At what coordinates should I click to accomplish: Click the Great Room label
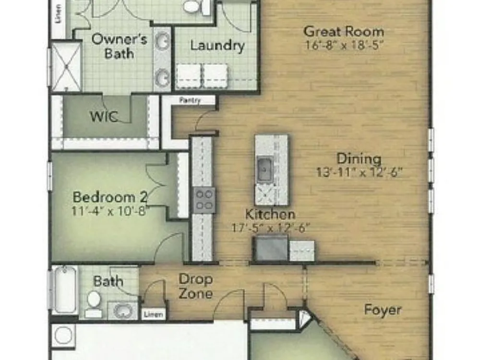tap(344, 31)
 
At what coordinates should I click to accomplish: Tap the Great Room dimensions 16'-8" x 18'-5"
tap(344, 45)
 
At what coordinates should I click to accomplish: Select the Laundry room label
tap(217, 46)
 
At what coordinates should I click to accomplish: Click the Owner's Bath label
tap(120, 46)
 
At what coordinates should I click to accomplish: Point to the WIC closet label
tap(104, 117)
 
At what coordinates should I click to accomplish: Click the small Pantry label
tap(190, 100)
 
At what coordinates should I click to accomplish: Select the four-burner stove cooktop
tap(204, 200)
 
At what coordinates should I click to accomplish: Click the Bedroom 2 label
tap(110, 197)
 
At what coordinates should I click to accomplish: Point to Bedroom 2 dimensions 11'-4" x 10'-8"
tap(110, 211)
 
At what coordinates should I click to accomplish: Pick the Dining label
tap(359, 158)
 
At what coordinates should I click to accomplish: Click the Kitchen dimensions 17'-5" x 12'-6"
tap(271, 228)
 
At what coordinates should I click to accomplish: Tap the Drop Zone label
tap(196, 286)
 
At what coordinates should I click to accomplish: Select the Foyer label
tap(383, 310)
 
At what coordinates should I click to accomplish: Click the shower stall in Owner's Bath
tap(66, 67)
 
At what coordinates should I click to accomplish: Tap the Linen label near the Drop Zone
tap(154, 314)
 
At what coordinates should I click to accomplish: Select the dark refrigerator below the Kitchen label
tap(271, 248)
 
